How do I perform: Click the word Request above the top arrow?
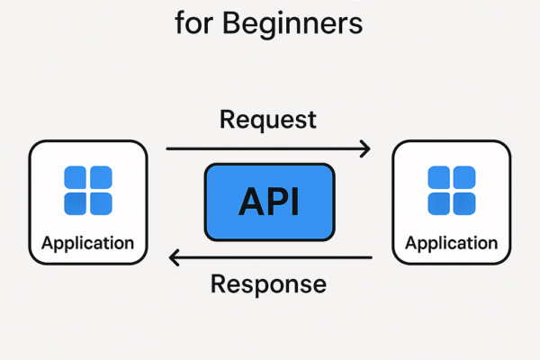tap(268, 120)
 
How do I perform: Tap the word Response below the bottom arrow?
tap(268, 284)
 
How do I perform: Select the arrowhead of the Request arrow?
tap(365, 148)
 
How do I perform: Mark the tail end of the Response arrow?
tap(371, 259)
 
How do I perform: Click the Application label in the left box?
tap(87, 243)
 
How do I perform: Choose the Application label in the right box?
tap(451, 243)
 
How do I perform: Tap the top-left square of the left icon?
tap(76, 177)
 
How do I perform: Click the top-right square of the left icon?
tap(100, 177)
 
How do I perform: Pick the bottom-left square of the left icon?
tap(76, 202)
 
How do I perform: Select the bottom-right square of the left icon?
tap(100, 202)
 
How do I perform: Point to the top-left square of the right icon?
tap(439, 177)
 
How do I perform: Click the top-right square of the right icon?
tap(463, 177)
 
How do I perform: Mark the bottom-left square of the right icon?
tap(439, 202)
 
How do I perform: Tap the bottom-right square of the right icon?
tap(463, 202)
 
